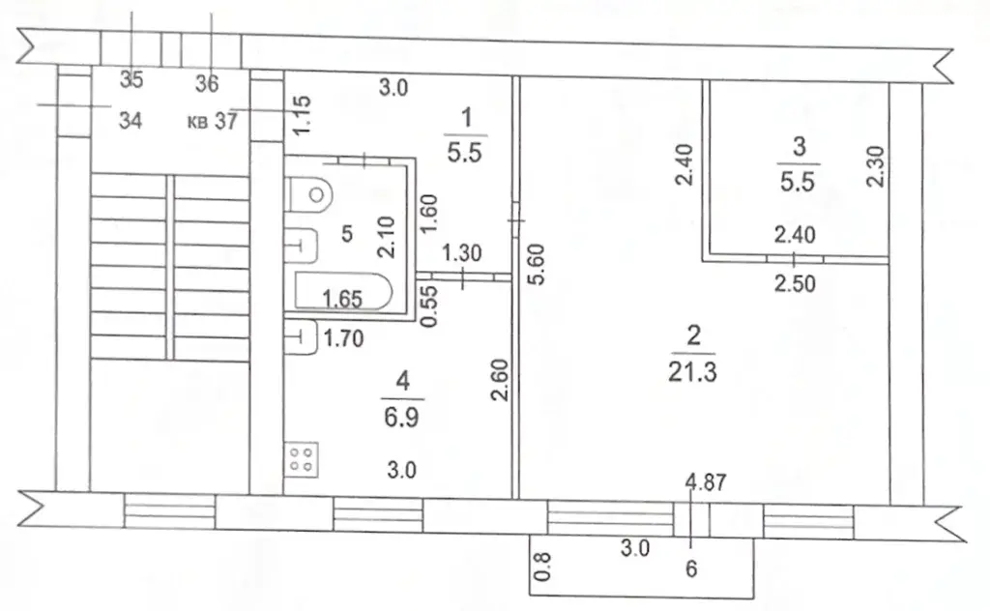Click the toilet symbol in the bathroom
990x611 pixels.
[308, 194]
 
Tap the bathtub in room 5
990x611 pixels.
[343, 291]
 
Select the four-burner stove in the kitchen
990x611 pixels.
[302, 459]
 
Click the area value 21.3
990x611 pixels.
[692, 372]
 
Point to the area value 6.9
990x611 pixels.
[401, 418]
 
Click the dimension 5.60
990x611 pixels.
[536, 265]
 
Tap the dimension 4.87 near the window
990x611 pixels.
[706, 482]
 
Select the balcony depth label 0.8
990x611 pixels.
[542, 567]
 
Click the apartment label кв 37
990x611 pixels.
[212, 121]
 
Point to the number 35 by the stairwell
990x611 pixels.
[131, 80]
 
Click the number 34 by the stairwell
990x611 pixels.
[131, 121]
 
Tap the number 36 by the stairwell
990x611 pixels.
[207, 83]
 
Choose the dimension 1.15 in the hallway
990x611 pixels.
[303, 114]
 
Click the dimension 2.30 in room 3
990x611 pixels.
[876, 166]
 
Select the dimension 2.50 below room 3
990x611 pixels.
[795, 283]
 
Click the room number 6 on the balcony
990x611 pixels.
[691, 568]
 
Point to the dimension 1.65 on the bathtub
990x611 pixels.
[342, 299]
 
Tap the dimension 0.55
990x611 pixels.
[428, 306]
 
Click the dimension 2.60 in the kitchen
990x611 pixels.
[500, 380]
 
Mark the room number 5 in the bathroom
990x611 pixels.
[347, 234]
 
